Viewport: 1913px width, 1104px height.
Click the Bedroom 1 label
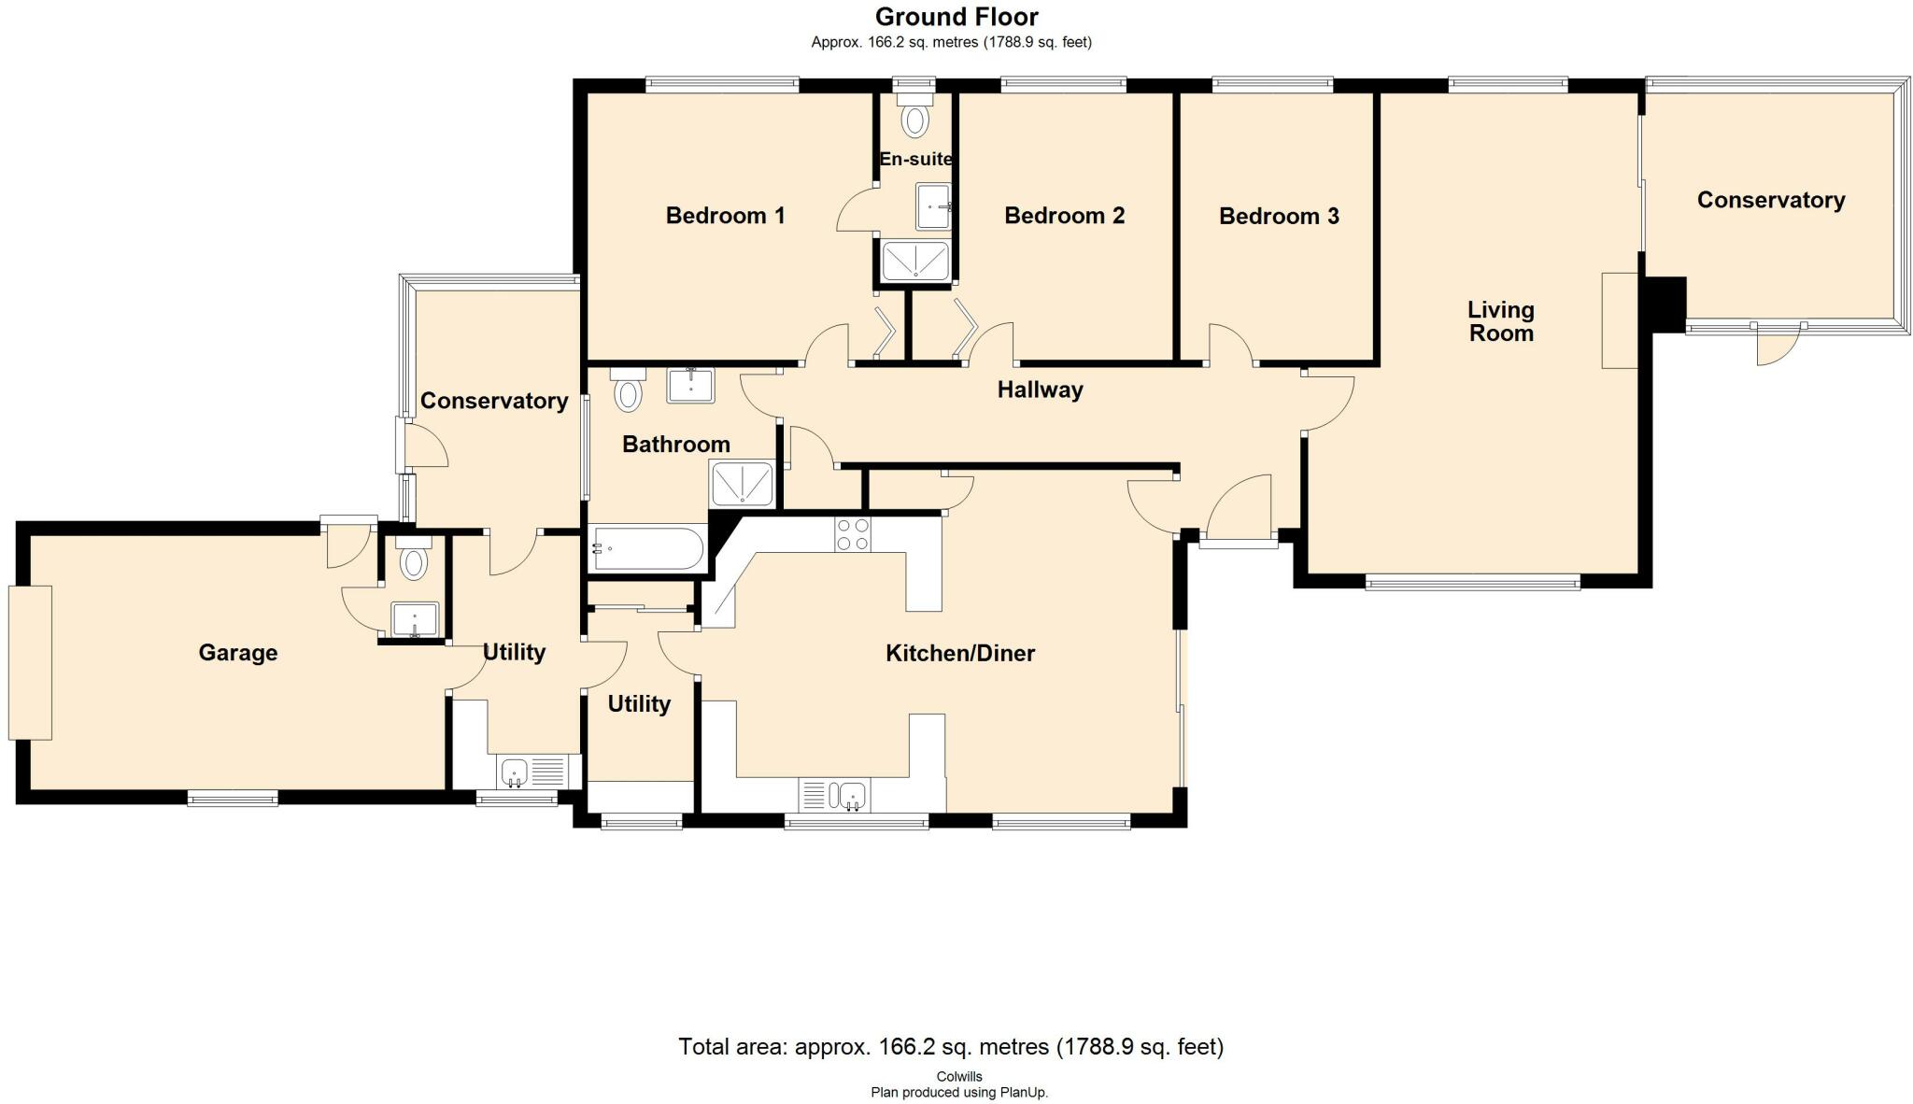click(725, 216)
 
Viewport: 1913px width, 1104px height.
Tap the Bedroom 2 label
click(1064, 216)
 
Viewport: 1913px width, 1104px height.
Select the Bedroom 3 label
click(1279, 217)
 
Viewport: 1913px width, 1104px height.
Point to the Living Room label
click(1501, 321)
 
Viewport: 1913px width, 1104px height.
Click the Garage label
click(237, 653)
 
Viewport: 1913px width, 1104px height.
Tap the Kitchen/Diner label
click(960, 653)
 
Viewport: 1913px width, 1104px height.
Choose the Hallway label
click(1040, 390)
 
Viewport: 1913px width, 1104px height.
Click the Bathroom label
click(676, 444)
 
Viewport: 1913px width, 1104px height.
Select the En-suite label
click(916, 159)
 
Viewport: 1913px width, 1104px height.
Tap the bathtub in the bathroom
click(648, 548)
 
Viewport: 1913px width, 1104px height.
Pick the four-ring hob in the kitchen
click(853, 533)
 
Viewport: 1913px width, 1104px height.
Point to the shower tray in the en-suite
click(916, 260)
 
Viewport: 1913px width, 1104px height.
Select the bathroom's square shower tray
click(744, 484)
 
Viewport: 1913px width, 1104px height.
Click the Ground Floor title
click(956, 17)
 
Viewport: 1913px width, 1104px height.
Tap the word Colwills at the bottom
click(959, 1077)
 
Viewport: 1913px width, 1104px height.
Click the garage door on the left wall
click(30, 662)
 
